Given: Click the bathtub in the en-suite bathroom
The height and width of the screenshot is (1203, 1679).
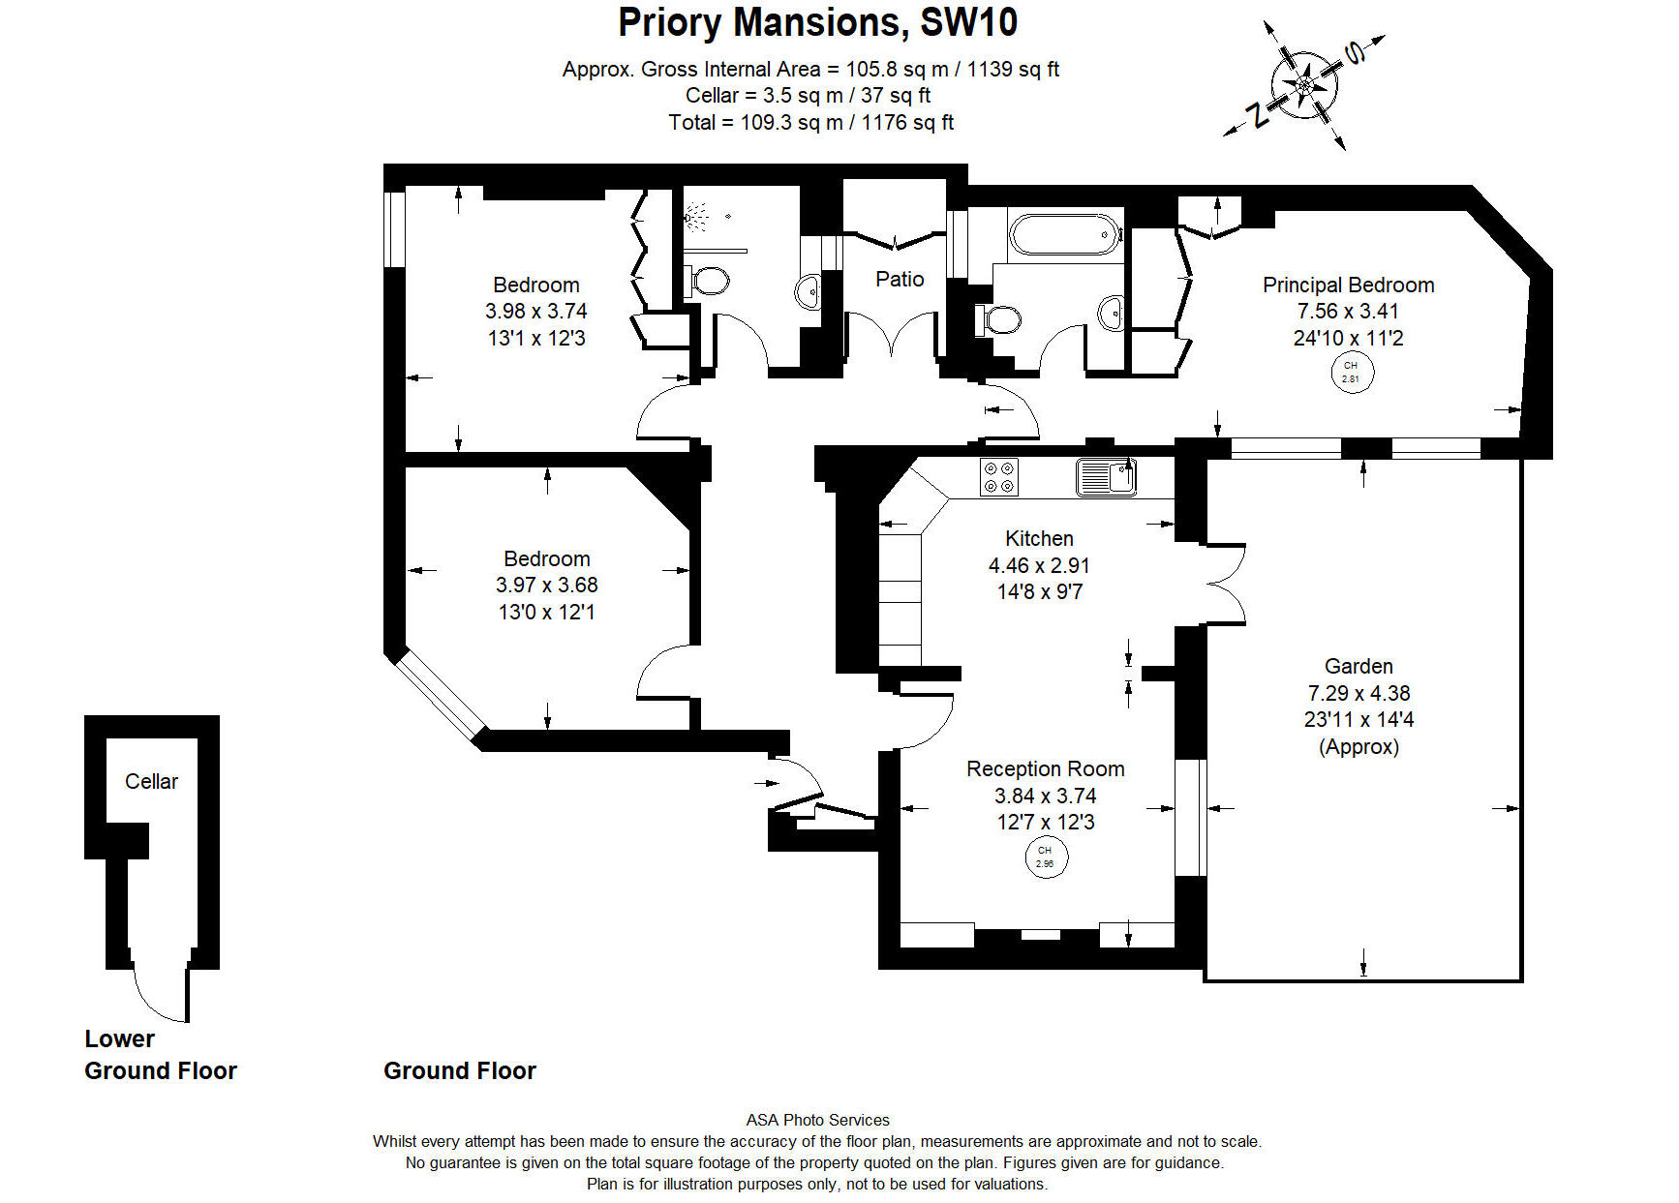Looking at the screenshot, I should (1064, 234).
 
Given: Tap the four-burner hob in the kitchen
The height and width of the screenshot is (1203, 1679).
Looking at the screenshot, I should (998, 476).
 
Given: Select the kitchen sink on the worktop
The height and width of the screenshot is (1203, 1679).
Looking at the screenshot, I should (1105, 476).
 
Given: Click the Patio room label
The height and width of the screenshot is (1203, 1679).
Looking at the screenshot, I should (900, 279).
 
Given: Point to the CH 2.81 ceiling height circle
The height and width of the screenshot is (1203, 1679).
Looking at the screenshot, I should (1351, 372).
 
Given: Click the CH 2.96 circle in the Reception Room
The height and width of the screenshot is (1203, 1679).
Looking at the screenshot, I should (1046, 857).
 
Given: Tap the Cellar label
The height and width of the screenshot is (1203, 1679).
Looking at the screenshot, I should (151, 781).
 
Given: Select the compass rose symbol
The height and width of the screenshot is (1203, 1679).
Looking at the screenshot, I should (1304, 85).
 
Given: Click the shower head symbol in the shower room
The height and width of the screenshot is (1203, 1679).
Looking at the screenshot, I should (695, 218).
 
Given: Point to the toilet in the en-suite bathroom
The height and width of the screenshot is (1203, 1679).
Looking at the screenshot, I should (1000, 318).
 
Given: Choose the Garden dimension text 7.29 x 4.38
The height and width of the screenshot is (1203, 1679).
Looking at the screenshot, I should (1358, 693).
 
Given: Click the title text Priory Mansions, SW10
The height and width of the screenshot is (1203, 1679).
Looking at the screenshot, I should (817, 22).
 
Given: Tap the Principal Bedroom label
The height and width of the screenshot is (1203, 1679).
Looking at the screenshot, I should (1348, 285).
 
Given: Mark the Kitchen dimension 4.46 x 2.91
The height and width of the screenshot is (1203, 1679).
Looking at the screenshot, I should (1039, 565).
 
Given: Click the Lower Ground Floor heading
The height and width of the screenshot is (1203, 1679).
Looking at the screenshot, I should (160, 1054).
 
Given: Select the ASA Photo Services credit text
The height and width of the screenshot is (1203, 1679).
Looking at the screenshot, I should (817, 1120).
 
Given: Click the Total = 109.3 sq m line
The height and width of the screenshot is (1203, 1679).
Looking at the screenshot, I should (810, 122).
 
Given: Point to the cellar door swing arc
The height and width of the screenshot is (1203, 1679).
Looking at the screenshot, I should (155, 997).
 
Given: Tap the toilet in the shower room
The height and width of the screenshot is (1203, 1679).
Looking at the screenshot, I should (710, 281).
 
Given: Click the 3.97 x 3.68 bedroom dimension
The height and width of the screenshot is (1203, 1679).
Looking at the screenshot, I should (546, 585).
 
